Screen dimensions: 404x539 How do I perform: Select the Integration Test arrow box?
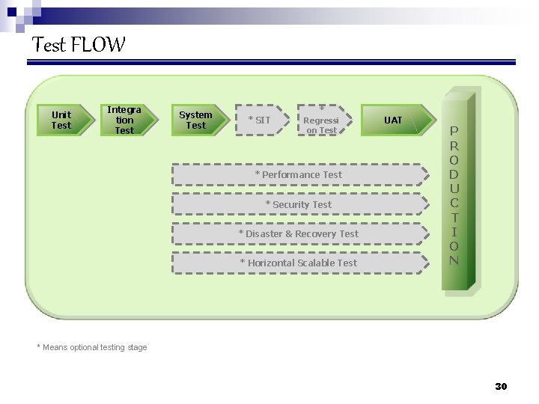(x=126, y=120)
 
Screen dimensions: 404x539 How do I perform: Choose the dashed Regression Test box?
(x=323, y=120)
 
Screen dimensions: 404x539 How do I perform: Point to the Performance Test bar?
(x=299, y=174)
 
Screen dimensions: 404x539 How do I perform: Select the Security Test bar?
(x=299, y=204)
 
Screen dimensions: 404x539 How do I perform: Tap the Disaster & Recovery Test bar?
(x=299, y=233)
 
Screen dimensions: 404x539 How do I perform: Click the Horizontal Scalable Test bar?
(x=299, y=263)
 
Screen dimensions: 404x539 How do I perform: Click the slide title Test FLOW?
(x=79, y=45)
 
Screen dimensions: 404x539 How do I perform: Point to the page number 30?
(x=501, y=386)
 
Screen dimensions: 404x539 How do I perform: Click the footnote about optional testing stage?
(x=92, y=347)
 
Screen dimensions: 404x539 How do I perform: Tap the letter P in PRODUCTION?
(x=454, y=132)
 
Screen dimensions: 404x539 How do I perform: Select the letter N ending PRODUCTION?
(x=454, y=260)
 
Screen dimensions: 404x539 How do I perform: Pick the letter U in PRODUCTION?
(x=454, y=189)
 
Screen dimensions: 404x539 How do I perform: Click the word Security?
(x=291, y=204)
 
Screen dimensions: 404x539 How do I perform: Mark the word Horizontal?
(x=271, y=263)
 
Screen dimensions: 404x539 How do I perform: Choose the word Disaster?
(x=264, y=233)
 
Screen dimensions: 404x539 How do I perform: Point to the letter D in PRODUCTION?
(x=454, y=174)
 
